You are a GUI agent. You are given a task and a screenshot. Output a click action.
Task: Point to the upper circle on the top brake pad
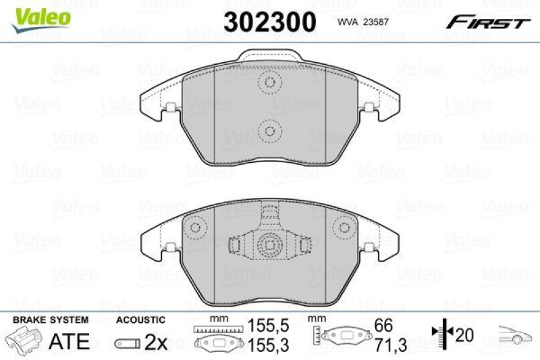click(270, 83)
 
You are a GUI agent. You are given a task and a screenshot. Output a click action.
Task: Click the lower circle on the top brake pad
click(270, 130)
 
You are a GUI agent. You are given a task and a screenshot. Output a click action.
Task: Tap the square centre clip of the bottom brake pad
click(270, 244)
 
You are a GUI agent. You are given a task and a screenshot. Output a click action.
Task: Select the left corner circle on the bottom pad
click(196, 227)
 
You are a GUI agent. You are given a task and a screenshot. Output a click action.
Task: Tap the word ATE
click(70, 341)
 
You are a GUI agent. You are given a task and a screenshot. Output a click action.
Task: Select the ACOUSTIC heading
click(140, 319)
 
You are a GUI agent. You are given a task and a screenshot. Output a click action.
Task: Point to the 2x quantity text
click(156, 342)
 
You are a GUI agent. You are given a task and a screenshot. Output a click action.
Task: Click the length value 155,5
click(261, 325)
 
